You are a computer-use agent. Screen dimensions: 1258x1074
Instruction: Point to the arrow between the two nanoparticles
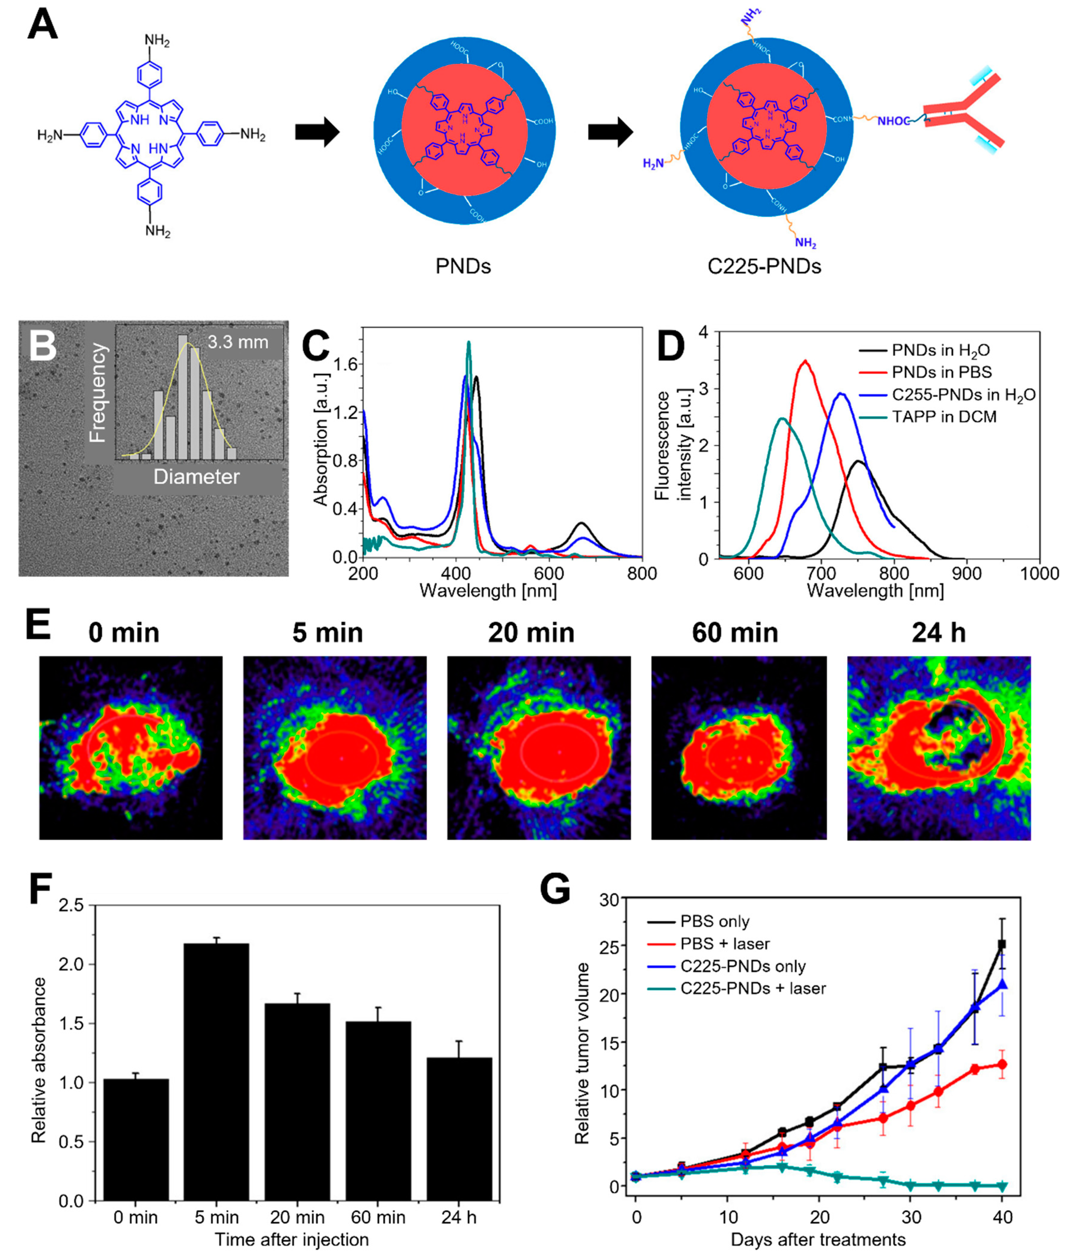point(610,132)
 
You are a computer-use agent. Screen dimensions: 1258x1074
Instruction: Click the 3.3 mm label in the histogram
point(238,342)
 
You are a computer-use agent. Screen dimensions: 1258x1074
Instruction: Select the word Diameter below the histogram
point(196,477)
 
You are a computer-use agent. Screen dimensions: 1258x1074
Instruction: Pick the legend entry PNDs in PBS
point(941,372)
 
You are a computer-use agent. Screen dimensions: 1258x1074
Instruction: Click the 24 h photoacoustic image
point(939,748)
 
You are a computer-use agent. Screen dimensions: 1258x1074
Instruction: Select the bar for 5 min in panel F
point(216,1072)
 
